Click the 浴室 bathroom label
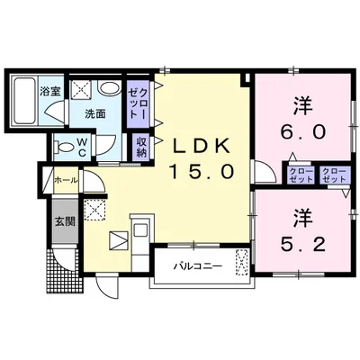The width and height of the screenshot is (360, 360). tap(50, 91)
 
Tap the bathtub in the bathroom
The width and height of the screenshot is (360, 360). tap(24, 100)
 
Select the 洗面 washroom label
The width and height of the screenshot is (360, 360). tap(95, 113)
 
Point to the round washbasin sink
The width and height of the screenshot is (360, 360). tap(109, 87)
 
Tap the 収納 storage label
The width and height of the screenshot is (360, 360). tap(141, 147)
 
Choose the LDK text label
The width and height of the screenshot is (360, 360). tap(201, 147)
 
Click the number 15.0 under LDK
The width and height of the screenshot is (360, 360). tap(202, 172)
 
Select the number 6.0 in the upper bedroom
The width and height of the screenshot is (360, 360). tap(303, 131)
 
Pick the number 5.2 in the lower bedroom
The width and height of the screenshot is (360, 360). tap(303, 245)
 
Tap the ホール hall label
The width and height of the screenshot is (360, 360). tap(66, 180)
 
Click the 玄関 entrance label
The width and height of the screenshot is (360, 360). tap(65, 221)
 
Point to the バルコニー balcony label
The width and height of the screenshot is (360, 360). tap(198, 265)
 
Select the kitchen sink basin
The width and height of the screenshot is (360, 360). tap(139, 230)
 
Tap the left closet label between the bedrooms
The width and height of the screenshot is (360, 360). tap(301, 175)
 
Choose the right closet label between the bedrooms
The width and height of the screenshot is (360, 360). tap(334, 175)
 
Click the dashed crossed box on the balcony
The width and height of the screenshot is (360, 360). tap(241, 261)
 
